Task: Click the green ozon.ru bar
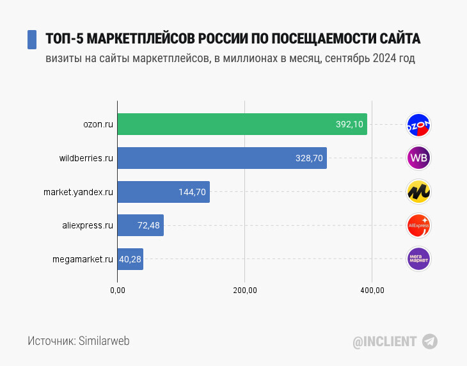[x=242, y=124]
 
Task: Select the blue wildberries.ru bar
[x=222, y=158]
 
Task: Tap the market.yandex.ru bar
[x=163, y=191]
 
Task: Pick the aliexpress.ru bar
[x=140, y=225]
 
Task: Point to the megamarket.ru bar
[x=130, y=259]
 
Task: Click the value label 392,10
[x=350, y=124]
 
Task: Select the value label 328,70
[x=309, y=158]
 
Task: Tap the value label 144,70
[x=192, y=191]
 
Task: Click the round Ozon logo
[x=419, y=125]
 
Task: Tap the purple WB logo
[x=419, y=158]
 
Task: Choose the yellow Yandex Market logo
[x=419, y=191]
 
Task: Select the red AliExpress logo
[x=419, y=225]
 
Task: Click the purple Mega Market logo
[x=419, y=259]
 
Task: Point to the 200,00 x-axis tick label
[x=245, y=290]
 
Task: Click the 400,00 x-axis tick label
[x=372, y=290]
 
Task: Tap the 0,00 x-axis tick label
[x=118, y=290]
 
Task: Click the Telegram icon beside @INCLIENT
[x=431, y=341]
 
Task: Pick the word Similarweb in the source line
[x=104, y=341]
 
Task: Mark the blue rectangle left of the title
[x=31, y=39]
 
